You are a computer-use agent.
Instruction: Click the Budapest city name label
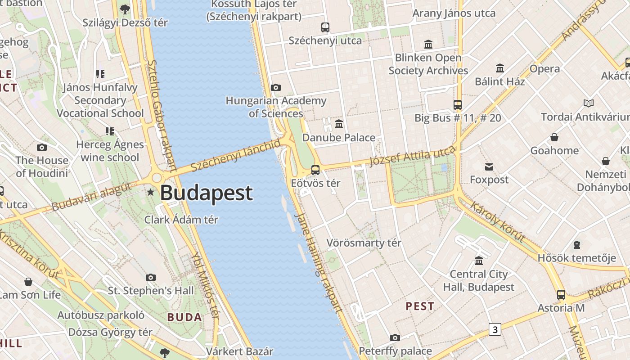pos(206,193)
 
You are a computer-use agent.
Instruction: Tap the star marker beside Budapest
pos(150,193)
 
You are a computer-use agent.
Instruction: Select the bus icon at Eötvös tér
pos(315,170)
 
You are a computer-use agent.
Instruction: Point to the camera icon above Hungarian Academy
pos(276,87)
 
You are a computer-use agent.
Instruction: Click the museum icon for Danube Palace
pos(339,124)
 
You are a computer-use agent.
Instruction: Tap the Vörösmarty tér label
pos(364,243)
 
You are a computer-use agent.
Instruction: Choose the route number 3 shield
pos(495,329)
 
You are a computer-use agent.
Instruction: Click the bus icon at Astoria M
pos(561,295)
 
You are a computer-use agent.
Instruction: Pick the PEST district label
pos(420,306)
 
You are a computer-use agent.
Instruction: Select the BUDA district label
pos(184,317)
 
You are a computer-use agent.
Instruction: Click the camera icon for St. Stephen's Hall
pos(151,277)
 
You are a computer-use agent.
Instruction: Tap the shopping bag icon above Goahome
pos(554,137)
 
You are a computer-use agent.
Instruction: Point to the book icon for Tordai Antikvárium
pos(589,103)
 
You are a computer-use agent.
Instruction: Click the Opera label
pos(544,69)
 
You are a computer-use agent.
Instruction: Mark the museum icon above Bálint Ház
pos(500,68)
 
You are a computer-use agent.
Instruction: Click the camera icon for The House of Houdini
pos(42,147)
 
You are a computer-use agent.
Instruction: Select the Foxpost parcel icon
pos(489,167)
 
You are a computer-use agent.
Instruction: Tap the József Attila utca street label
pos(412,156)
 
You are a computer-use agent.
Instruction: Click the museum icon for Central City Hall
pos(479,261)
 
